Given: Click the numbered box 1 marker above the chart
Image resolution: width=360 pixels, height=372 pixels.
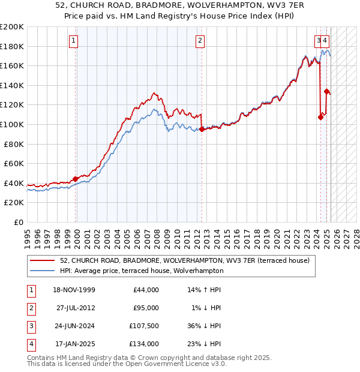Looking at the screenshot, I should coord(73,41).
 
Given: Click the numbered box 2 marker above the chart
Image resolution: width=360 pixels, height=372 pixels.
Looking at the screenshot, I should coord(200,41).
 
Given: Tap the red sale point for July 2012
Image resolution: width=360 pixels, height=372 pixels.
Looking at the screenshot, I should coord(202,129).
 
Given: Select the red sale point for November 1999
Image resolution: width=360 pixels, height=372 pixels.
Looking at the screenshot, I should coord(76,178).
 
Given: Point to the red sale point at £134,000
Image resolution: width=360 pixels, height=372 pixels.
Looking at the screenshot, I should coord(326,91).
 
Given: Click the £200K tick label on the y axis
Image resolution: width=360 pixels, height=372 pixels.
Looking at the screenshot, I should coord(11,27).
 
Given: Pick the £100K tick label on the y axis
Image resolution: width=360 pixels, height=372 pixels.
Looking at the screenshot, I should coord(11,124).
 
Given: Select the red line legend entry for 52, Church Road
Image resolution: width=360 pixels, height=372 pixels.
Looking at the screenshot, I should coord(185,260).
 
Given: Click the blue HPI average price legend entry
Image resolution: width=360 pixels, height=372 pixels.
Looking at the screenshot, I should coord(142,271).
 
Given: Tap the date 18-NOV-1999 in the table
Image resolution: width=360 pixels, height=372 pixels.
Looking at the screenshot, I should coord(74,290).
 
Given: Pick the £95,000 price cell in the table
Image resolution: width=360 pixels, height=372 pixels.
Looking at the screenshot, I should coord(146,308).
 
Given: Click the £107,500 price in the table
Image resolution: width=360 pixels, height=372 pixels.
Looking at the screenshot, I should coord(143,326).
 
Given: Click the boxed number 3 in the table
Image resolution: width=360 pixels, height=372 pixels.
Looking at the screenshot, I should coord(30,326).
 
